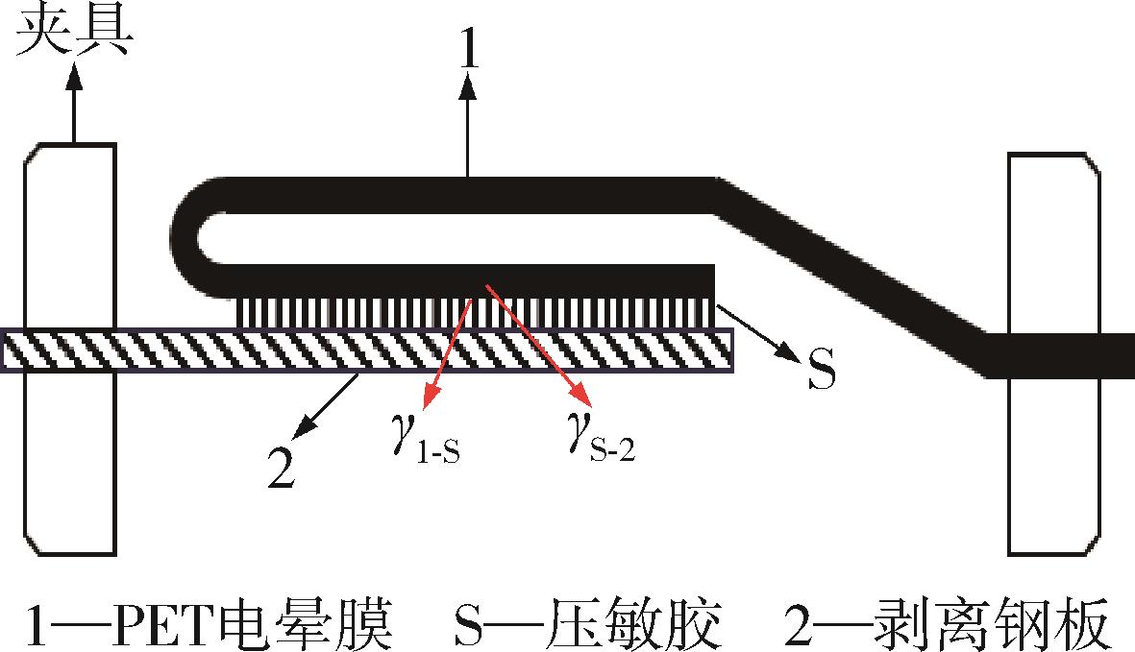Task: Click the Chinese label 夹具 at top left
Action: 74,32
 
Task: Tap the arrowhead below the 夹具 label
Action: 73,76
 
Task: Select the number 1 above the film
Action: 470,45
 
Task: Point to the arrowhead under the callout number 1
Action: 468,88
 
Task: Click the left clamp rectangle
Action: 70,350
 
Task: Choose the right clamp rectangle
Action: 1054,353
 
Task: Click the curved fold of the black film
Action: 199,237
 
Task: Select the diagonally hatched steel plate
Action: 368,350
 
